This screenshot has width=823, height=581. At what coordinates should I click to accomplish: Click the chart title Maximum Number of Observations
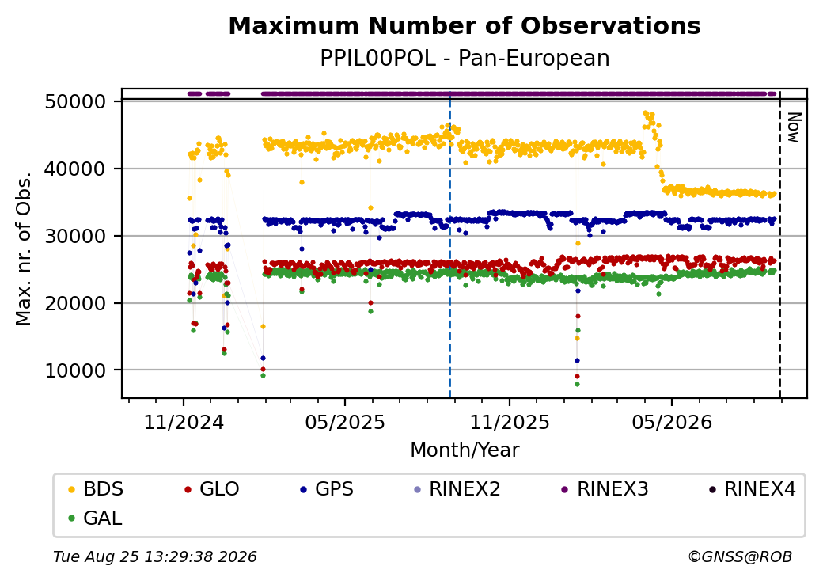point(465,25)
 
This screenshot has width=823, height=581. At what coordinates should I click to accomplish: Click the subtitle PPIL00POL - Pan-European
point(465,59)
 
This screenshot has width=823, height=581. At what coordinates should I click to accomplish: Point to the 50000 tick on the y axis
point(76,101)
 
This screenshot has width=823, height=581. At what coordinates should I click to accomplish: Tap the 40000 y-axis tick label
point(76,169)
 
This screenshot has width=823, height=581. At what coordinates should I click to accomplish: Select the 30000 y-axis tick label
point(76,236)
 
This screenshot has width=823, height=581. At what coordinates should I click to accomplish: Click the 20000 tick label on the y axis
point(76,303)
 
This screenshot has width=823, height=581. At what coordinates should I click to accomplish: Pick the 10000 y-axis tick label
point(76,370)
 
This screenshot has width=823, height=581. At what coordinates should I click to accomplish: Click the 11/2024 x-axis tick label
point(184,422)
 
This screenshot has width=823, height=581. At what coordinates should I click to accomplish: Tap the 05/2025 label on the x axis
point(345,422)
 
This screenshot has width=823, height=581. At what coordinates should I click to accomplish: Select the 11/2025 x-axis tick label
point(509,422)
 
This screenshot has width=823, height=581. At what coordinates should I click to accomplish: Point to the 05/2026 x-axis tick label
point(672,422)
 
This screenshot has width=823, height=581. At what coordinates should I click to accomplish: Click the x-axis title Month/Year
point(465,450)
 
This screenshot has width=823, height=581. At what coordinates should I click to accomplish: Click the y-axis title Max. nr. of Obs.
point(24,249)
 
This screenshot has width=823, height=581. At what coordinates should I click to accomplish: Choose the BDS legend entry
point(96,489)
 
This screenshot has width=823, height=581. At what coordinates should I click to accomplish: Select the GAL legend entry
point(95,518)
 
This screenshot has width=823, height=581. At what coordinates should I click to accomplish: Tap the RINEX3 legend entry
point(605,489)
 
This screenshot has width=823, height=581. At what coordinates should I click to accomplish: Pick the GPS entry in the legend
point(327,489)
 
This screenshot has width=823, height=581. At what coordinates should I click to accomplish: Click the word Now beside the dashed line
point(794,127)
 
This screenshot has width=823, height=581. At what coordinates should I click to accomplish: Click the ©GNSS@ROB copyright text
point(740,556)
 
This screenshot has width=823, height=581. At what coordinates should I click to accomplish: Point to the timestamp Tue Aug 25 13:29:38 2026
point(155,556)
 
